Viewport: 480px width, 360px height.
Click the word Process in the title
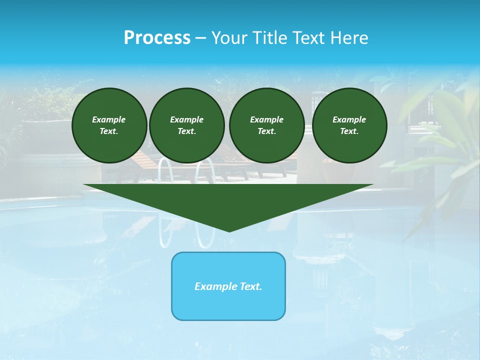[157, 38]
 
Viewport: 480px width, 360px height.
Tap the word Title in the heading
[270, 38]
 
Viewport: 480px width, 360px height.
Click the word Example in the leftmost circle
[109, 119]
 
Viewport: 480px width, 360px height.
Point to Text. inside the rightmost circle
[349, 131]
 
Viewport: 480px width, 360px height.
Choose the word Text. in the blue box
[250, 286]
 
